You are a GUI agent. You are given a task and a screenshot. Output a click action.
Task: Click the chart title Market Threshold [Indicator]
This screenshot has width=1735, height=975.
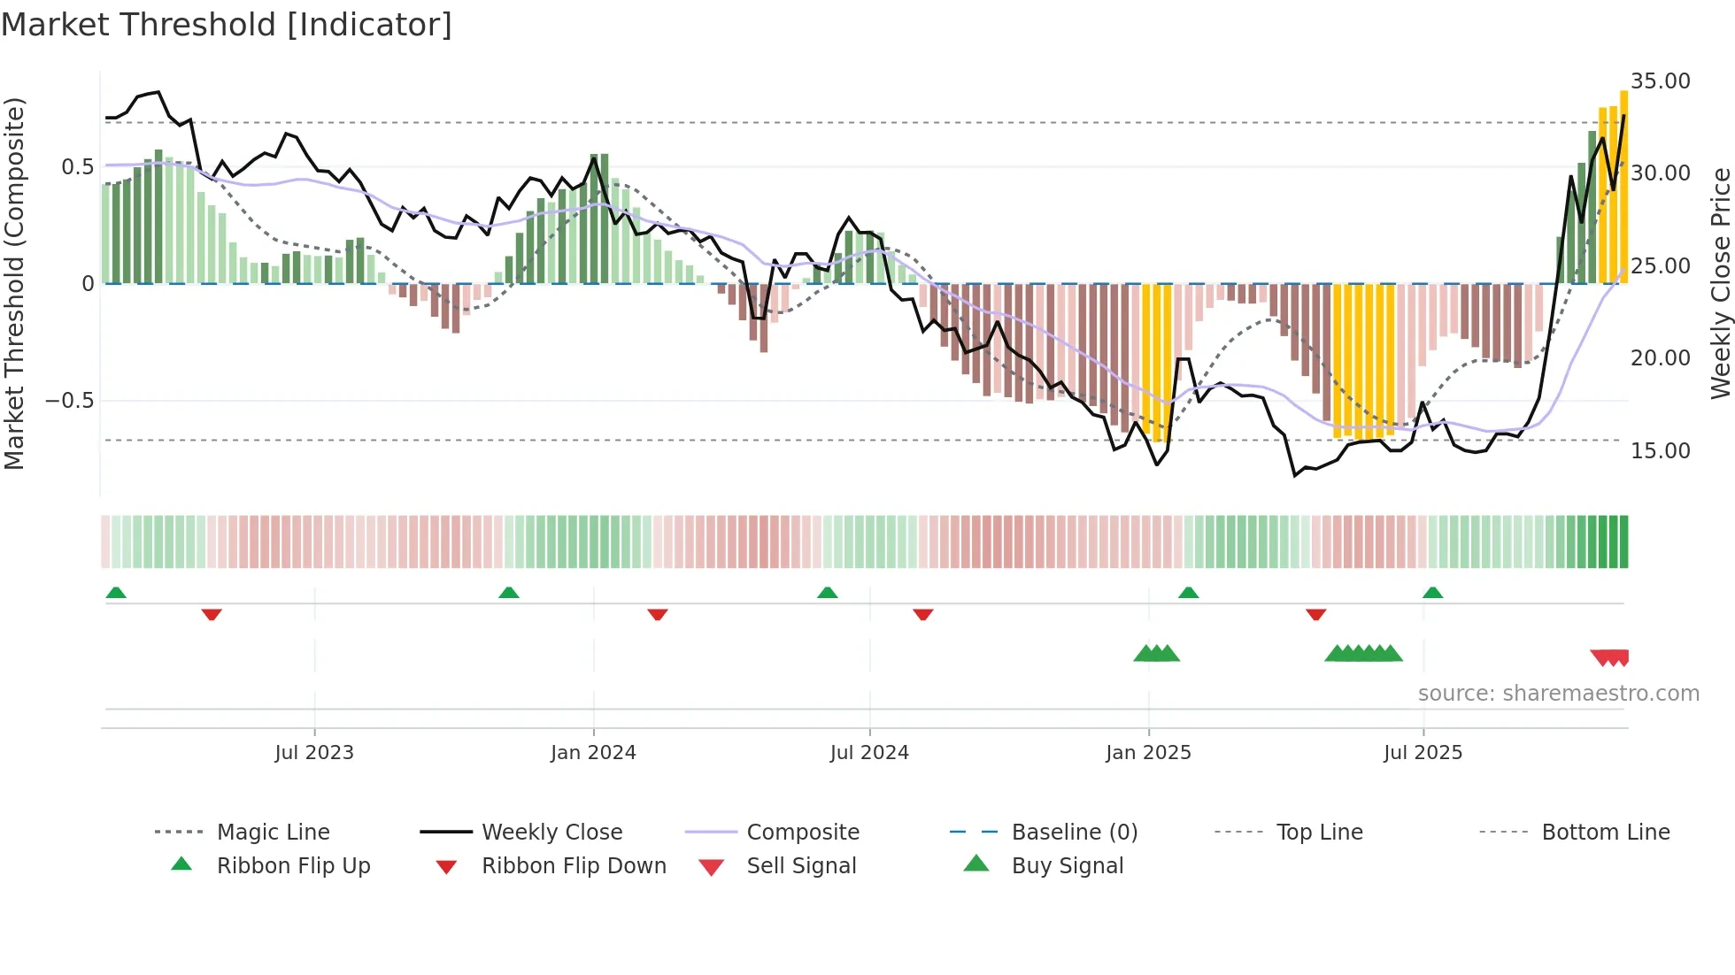pos(227,25)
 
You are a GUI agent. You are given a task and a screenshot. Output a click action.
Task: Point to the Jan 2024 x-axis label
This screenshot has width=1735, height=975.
pos(593,752)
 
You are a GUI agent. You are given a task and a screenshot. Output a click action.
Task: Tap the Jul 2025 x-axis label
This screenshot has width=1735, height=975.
pos(1423,752)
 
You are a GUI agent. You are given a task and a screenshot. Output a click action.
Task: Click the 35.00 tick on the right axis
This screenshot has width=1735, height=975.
pos(1660,81)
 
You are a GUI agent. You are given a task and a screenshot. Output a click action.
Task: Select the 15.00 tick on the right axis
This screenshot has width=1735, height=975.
pos(1660,450)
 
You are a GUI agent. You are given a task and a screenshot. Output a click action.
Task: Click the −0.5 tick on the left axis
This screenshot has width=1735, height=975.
pos(70,401)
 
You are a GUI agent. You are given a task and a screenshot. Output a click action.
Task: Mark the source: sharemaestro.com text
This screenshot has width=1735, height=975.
pos(1558,693)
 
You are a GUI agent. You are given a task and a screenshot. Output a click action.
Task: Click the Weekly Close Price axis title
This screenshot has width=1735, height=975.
pos(1720,283)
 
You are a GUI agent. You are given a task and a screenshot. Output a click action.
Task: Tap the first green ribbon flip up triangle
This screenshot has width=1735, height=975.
pos(116,593)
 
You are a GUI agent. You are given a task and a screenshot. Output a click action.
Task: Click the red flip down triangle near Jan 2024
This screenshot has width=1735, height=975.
pos(657,614)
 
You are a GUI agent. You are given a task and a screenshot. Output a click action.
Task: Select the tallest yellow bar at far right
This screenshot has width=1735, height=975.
pos(1623,186)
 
